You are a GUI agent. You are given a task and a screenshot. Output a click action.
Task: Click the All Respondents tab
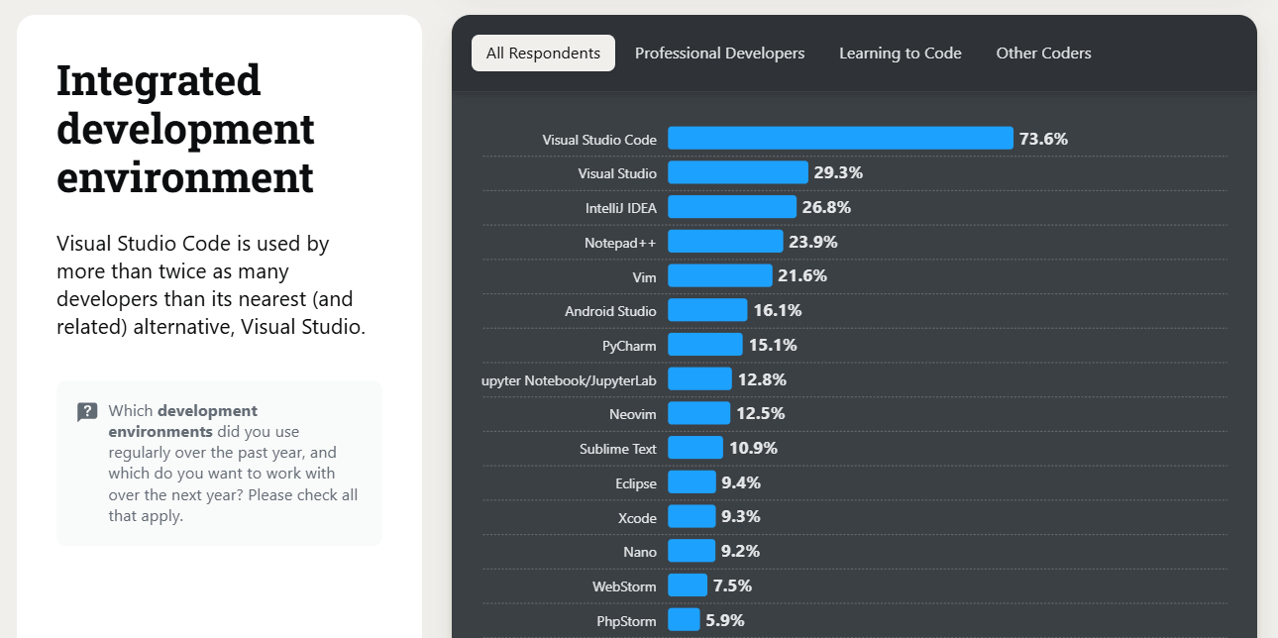543,53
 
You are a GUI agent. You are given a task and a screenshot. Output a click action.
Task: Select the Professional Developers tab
719,53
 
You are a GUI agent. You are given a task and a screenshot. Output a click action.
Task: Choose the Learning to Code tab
900,53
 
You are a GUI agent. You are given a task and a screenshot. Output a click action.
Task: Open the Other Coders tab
1043,53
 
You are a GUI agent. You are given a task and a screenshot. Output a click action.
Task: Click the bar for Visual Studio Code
840,139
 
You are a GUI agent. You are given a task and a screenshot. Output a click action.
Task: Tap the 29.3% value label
838,172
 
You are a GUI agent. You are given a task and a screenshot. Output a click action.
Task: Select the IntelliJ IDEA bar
731,207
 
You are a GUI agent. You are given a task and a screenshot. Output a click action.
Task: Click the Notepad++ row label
620,243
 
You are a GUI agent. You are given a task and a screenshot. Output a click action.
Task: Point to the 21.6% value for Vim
801,275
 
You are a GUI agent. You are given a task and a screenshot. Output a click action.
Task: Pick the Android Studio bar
707,310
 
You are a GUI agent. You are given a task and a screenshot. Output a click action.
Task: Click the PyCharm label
629,346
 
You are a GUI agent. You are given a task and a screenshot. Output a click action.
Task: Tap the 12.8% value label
762,379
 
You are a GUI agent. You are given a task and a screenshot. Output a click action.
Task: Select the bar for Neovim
698,413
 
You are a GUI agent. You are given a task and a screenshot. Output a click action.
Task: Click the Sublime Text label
617,449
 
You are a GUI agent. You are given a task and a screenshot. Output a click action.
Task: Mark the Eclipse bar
692,482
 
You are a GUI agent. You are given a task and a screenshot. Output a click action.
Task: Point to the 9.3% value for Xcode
740,516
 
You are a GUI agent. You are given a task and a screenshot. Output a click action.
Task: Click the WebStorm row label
624,585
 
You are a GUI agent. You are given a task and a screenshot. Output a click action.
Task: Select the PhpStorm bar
684,620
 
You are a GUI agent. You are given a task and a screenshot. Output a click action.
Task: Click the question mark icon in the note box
87,412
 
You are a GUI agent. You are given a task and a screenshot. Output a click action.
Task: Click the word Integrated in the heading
159,80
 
